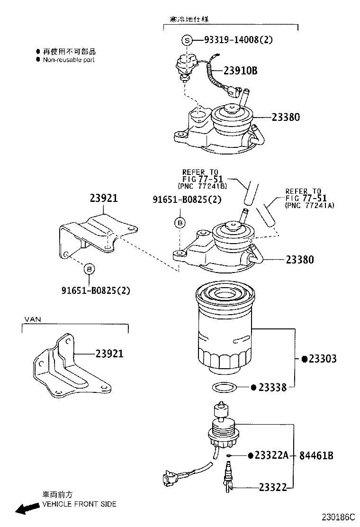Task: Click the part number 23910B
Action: (240, 71)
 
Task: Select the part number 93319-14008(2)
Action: (238, 40)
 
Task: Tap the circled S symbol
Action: (187, 41)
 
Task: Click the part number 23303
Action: (322, 359)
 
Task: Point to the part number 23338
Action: (272, 388)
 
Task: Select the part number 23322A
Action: (271, 455)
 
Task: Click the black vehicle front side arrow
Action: (27, 508)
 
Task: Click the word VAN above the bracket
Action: (33, 319)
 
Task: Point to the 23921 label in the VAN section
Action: (109, 354)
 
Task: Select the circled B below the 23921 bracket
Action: (89, 269)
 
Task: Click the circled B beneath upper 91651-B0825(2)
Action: (180, 222)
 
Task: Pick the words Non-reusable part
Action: (69, 60)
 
